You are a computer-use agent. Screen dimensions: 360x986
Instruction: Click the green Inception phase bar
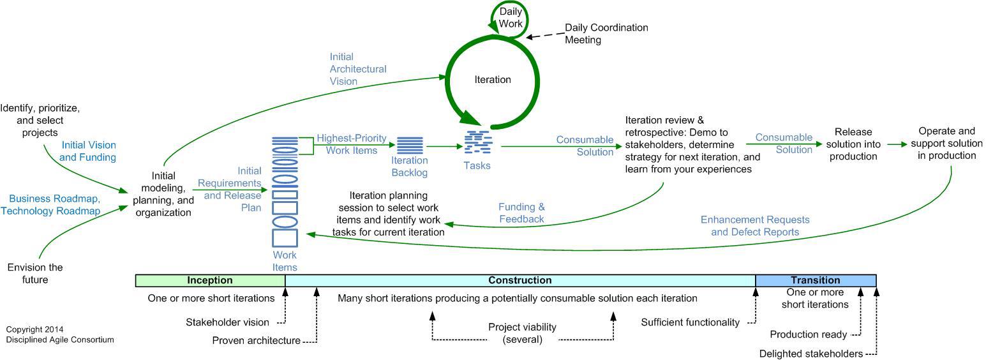pyautogui.click(x=209, y=280)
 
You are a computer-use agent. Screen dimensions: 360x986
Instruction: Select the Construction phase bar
pyautogui.click(x=519, y=280)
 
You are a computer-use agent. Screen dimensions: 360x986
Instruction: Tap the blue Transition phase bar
pyautogui.click(x=815, y=280)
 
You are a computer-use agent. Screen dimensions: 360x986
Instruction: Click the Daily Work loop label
pyautogui.click(x=510, y=17)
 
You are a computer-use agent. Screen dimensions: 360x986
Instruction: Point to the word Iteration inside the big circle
pyautogui.click(x=493, y=80)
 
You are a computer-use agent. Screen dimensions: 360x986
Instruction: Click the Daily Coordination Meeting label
pyautogui.click(x=606, y=34)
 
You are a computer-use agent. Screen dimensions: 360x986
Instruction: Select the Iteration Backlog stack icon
pyautogui.click(x=410, y=146)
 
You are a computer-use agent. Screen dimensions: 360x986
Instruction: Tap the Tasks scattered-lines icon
pyautogui.click(x=477, y=142)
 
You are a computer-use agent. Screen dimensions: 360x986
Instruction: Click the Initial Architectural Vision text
pyautogui.click(x=358, y=69)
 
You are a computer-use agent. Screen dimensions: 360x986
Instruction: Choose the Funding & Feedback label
pyautogui.click(x=521, y=213)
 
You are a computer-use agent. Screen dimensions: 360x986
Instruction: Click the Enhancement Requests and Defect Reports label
pyautogui.click(x=755, y=226)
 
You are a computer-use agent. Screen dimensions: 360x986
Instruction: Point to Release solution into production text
pyautogui.click(x=853, y=144)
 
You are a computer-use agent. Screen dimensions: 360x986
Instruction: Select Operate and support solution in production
pyautogui.click(x=947, y=144)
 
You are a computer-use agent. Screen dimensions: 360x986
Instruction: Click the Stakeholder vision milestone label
pyautogui.click(x=227, y=322)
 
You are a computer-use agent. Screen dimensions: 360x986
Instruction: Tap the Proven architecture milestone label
pyautogui.click(x=256, y=341)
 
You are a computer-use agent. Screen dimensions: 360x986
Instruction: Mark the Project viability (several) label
pyautogui.click(x=522, y=333)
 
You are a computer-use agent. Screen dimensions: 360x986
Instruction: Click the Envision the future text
pyautogui.click(x=35, y=273)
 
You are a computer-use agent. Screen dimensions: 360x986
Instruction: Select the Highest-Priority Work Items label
pyautogui.click(x=351, y=144)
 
